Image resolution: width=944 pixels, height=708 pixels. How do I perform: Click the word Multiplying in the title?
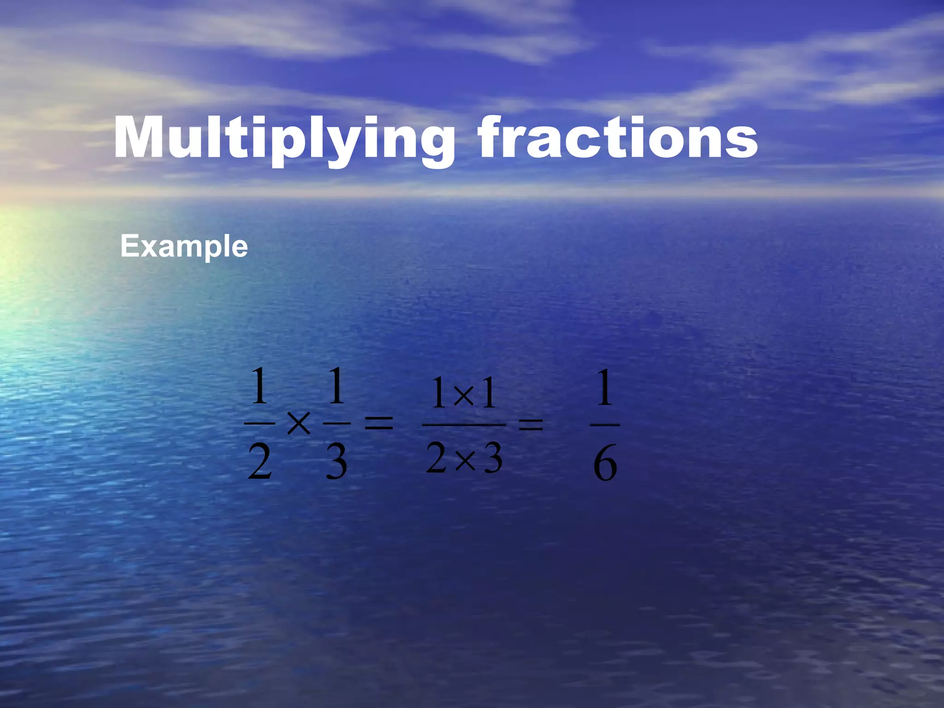pyautogui.click(x=284, y=138)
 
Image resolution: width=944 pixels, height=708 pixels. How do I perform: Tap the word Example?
pyautogui.click(x=184, y=247)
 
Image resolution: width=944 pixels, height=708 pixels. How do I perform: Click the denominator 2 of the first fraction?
pyautogui.click(x=260, y=463)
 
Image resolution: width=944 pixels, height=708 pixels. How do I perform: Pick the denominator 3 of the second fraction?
pyautogui.click(x=336, y=463)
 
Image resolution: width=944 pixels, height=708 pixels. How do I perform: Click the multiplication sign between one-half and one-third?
pyautogui.click(x=298, y=424)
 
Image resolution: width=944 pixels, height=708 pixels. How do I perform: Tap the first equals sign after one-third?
pyautogui.click(x=379, y=424)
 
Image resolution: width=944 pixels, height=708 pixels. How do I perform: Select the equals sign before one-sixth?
pyautogui.click(x=531, y=424)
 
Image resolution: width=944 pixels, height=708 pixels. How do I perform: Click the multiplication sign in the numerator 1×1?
pyautogui.click(x=464, y=395)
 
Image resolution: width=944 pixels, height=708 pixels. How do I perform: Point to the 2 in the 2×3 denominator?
pyautogui.click(x=436, y=458)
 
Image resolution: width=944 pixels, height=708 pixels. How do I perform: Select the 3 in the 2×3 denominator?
pyautogui.click(x=492, y=459)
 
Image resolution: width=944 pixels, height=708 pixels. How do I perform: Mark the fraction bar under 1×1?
pyautogui.click(x=464, y=425)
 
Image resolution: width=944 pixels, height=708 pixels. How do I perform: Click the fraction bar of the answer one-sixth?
pyautogui.click(x=605, y=425)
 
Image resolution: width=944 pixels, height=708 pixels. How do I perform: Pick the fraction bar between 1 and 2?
pyautogui.click(x=260, y=423)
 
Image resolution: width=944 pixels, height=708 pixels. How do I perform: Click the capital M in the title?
pyautogui.click(x=141, y=138)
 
